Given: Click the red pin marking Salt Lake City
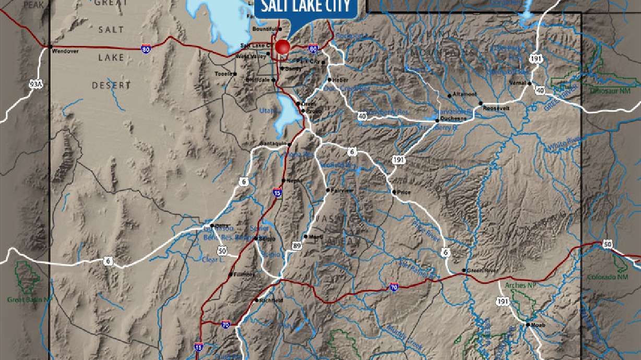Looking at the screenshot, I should click(x=282, y=47).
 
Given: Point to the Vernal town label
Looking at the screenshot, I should click(x=518, y=83).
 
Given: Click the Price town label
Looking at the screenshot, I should click(x=404, y=192).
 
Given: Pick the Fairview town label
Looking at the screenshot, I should click(x=342, y=190).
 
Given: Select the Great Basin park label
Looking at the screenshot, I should click(x=29, y=300).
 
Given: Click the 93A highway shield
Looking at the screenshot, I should click(x=35, y=83).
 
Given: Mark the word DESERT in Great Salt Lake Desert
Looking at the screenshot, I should click(x=111, y=85).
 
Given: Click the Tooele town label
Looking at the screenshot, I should click(x=223, y=74).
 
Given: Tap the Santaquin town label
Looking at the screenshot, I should click(x=273, y=143).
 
